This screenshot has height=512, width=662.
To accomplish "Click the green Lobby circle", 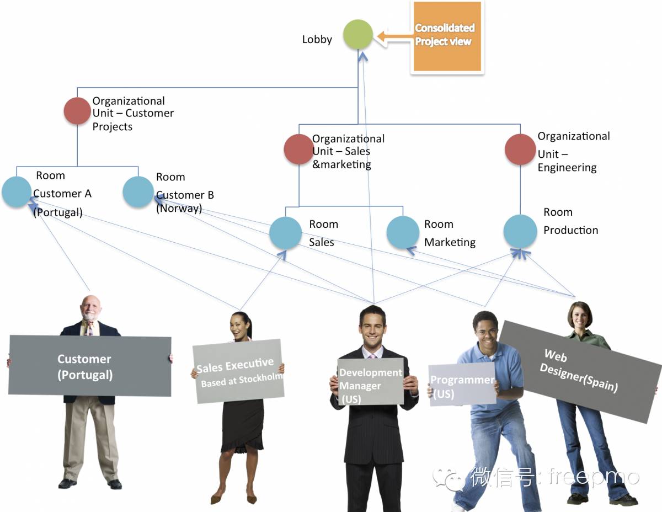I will point(358,35).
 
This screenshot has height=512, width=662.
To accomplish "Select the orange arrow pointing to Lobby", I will point(394,37).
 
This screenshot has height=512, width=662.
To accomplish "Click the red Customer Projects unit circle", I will point(77,111).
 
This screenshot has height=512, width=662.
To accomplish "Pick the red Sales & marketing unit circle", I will point(299,149).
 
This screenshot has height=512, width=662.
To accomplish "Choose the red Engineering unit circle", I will point(520,149).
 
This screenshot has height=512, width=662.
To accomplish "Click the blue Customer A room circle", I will point(17,192).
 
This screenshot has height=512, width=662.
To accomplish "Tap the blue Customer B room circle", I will point(138,192).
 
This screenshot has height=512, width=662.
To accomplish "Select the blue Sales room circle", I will point(286,232).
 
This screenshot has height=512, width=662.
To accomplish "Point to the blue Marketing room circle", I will point(403,232).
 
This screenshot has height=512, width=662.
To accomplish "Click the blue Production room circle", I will point(520,231).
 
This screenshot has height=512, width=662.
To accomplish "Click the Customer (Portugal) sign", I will point(89,365).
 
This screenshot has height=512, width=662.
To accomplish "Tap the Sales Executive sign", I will point(238,371).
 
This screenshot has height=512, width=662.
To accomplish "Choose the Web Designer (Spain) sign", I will point(579,370).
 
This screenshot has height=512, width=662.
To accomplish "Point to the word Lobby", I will point(317,40).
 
